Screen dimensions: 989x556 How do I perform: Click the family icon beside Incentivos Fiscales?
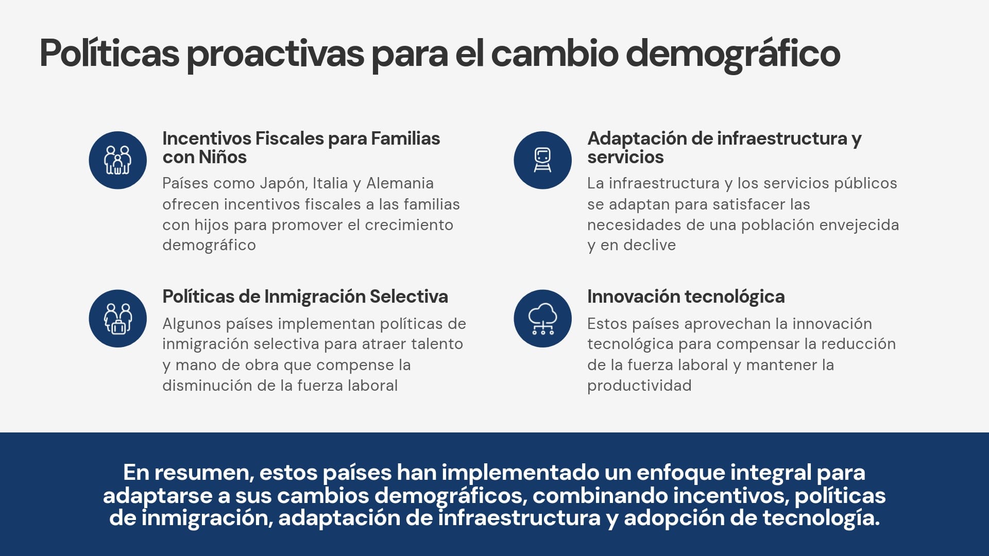117,160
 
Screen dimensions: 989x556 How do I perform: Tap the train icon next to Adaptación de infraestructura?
542,160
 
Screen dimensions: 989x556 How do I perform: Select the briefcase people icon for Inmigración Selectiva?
117,319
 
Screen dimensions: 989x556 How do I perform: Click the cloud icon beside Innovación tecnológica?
542,319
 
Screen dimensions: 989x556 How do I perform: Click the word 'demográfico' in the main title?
733,54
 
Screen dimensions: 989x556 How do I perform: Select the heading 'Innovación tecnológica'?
686,297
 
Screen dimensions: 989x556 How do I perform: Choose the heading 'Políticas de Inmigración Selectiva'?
305,297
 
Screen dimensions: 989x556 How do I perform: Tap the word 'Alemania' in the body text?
400,183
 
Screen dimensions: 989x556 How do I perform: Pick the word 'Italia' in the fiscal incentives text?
330,183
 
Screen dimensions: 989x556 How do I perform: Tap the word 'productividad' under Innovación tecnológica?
639,386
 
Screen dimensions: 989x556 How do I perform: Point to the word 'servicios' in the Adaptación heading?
625,157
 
